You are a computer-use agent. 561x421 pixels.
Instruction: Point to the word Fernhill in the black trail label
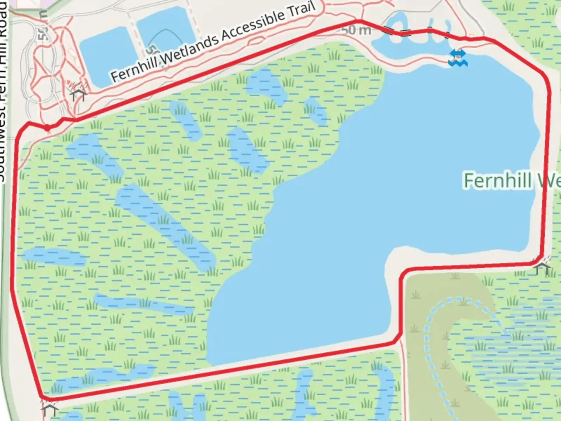[x=134, y=70]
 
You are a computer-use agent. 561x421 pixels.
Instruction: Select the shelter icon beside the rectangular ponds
[x=77, y=92]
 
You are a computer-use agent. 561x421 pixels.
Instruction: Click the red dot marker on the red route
[x=47, y=127]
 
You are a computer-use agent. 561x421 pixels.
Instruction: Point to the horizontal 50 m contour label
[x=356, y=30]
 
